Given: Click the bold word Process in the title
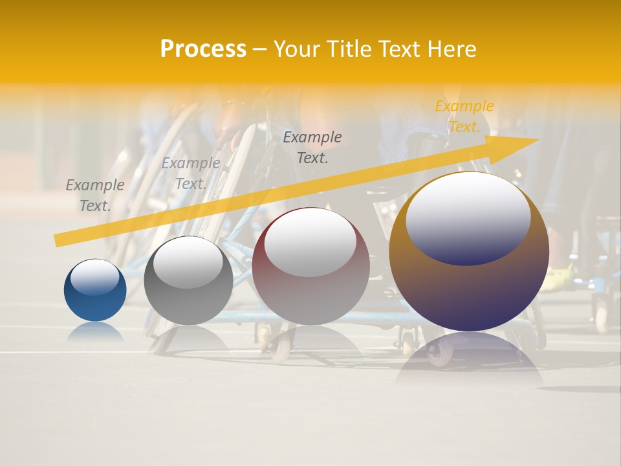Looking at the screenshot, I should coord(203,49).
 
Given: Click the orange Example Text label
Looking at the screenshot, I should coord(464,116).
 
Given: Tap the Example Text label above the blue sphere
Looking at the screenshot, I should coord(95,195).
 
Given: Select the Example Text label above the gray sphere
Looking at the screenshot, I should coord(191,173).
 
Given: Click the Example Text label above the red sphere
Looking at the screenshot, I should coord(312,147).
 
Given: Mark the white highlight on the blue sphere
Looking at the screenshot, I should coord(94,277).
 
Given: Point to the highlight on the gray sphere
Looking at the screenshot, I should coord(188,261).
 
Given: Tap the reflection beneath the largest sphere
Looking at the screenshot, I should coord(469,356).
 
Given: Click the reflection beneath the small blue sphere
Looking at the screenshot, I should coord(95,332).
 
